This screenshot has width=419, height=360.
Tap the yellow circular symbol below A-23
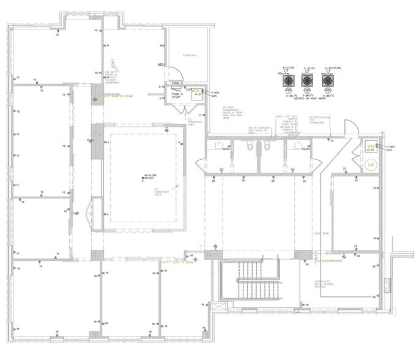(x=370, y=163)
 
